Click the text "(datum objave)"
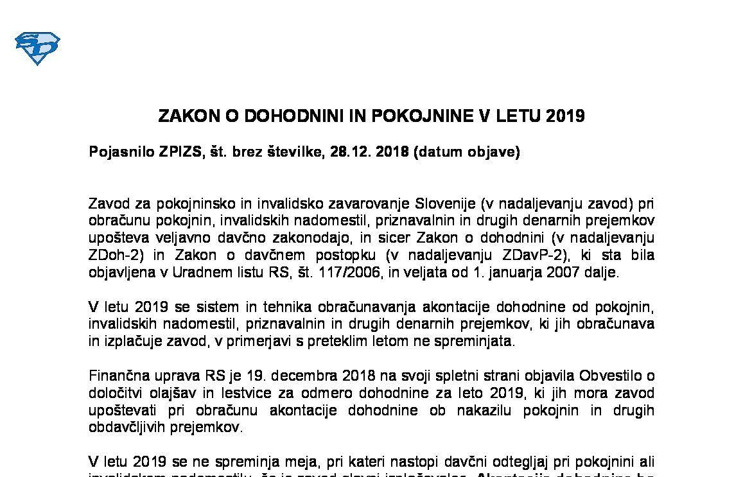(467, 153)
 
